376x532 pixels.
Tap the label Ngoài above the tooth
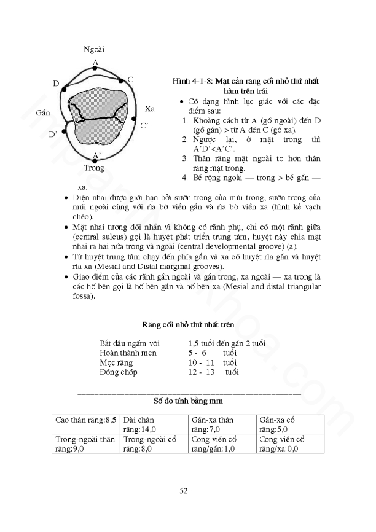94,49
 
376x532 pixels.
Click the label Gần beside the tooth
43,114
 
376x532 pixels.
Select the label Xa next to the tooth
150,108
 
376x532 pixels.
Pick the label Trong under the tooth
94,168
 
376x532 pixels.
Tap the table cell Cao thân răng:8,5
85,420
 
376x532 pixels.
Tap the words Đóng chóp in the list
119,372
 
